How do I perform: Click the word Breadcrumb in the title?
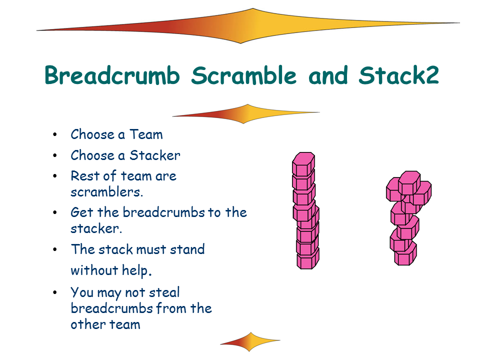coord(112,75)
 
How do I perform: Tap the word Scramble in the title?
coord(244,75)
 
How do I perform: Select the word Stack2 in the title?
coord(399,75)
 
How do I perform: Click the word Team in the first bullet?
coord(146,134)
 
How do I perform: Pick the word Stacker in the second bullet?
coord(155,155)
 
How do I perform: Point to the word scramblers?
coord(107,192)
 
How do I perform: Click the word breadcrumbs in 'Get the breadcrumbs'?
coord(164,212)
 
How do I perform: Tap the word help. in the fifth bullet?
coord(137,271)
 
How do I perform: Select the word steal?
coord(164,292)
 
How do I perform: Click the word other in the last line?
coord(88,324)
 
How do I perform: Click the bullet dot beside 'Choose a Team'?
coord(55,134)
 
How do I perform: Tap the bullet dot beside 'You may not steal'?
coord(55,292)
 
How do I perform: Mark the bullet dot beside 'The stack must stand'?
coord(55,249)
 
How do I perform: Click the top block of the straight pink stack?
coord(303,164)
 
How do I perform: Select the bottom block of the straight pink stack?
coord(308,259)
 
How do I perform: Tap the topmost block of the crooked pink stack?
coord(409,182)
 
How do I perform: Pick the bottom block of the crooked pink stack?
coord(405,254)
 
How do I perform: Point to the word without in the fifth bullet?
coord(94,270)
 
